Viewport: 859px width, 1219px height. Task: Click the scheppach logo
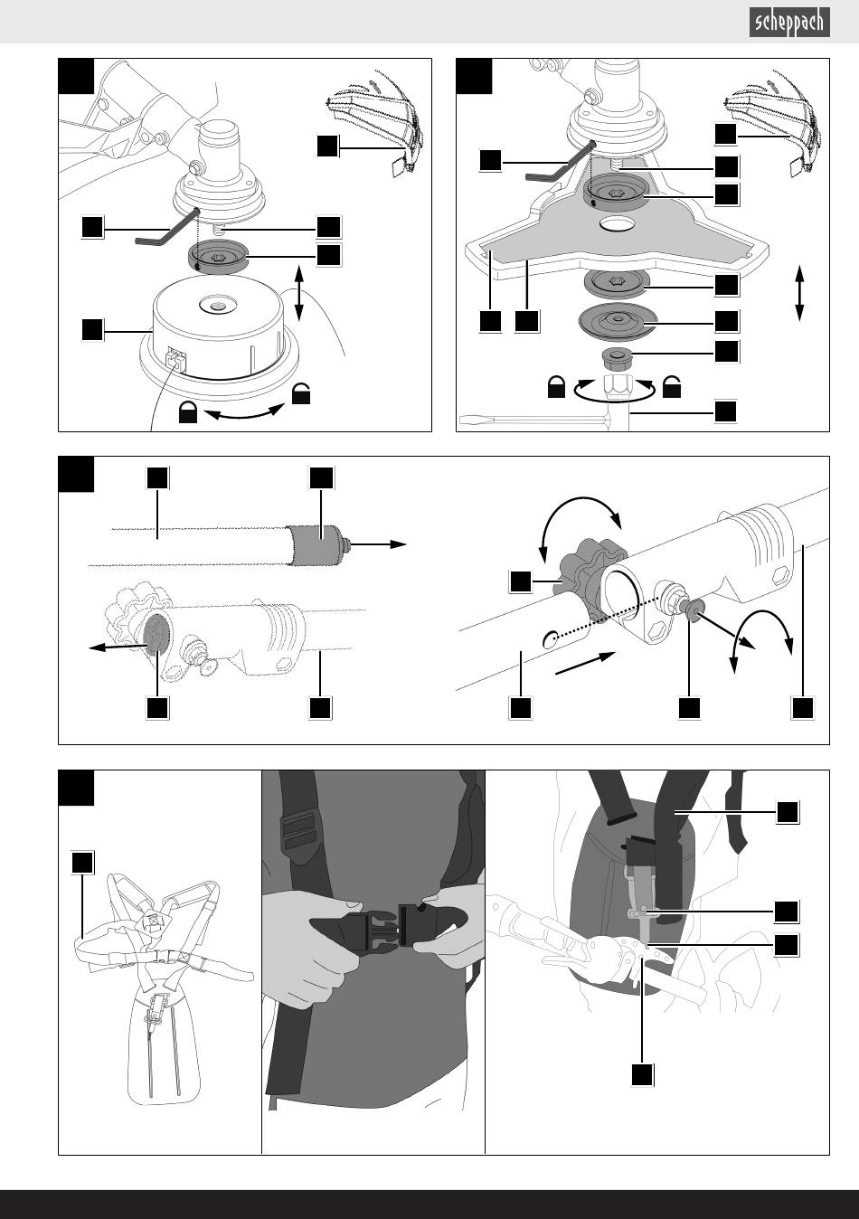point(789,23)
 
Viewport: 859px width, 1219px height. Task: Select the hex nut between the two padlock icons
point(617,388)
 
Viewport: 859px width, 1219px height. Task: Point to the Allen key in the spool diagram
point(167,229)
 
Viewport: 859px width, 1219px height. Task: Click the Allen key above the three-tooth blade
point(559,162)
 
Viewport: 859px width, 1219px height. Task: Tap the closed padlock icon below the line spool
point(188,412)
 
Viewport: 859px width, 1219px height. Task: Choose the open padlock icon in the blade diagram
point(672,387)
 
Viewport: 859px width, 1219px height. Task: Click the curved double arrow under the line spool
point(245,413)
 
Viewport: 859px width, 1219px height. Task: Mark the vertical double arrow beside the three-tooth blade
point(799,293)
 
